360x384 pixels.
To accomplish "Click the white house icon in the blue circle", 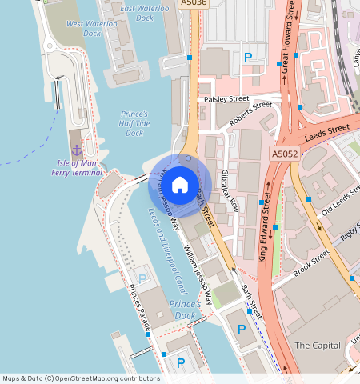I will click(x=180, y=185).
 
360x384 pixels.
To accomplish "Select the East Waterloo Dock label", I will click(x=146, y=13).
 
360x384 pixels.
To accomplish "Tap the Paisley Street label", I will click(x=226, y=99).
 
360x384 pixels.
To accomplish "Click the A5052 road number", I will click(x=284, y=154).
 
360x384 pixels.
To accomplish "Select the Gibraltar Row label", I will click(x=230, y=190).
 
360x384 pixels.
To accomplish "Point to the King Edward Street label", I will click(x=266, y=231).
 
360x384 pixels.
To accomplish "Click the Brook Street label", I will click(x=310, y=264).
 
